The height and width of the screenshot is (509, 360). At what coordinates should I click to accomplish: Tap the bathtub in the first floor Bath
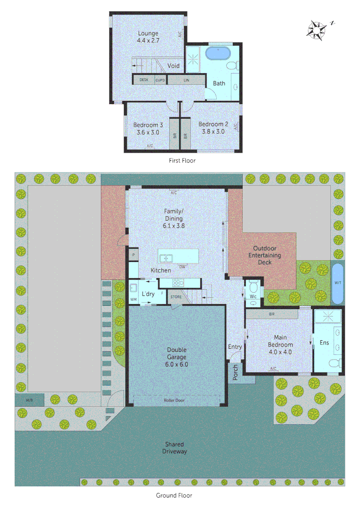[x=218, y=53]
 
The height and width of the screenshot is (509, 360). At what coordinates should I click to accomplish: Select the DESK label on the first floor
[x=144, y=80]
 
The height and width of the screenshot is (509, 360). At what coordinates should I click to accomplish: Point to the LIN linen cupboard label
[x=186, y=80]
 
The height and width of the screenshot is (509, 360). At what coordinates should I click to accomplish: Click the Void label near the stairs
[x=173, y=66]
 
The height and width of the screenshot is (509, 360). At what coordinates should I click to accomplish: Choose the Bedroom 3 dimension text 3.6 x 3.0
[x=147, y=132]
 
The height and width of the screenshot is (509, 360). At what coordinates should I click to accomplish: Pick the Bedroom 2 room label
[x=213, y=124]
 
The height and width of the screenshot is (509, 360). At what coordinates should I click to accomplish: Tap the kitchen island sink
[x=165, y=258]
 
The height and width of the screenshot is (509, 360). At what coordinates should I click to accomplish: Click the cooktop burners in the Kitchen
[x=178, y=283]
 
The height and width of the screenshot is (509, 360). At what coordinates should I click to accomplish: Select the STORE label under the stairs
[x=176, y=297]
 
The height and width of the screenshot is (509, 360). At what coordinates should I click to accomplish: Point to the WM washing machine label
[x=133, y=299]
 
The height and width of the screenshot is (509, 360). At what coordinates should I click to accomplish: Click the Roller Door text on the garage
[x=174, y=400]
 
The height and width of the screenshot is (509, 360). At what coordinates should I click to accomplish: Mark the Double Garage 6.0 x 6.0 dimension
[x=177, y=364]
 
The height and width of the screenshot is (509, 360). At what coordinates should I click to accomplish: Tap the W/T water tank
[x=337, y=283]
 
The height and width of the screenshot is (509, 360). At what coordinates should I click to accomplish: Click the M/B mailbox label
[x=29, y=400]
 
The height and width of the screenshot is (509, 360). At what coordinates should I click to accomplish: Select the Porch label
[x=235, y=372]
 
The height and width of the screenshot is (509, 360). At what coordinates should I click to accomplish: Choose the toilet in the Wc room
[x=253, y=287]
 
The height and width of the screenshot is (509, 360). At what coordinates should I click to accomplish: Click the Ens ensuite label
[x=324, y=343]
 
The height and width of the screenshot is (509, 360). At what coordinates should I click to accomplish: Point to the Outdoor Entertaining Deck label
[x=264, y=255]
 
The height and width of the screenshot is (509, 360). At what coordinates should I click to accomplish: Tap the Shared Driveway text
[x=174, y=448]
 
